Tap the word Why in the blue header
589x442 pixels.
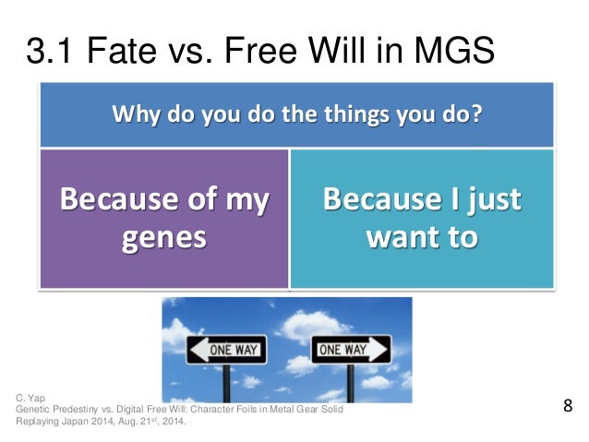(133, 117)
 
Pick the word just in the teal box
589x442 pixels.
(489, 198)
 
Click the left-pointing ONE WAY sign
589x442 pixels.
(227, 350)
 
